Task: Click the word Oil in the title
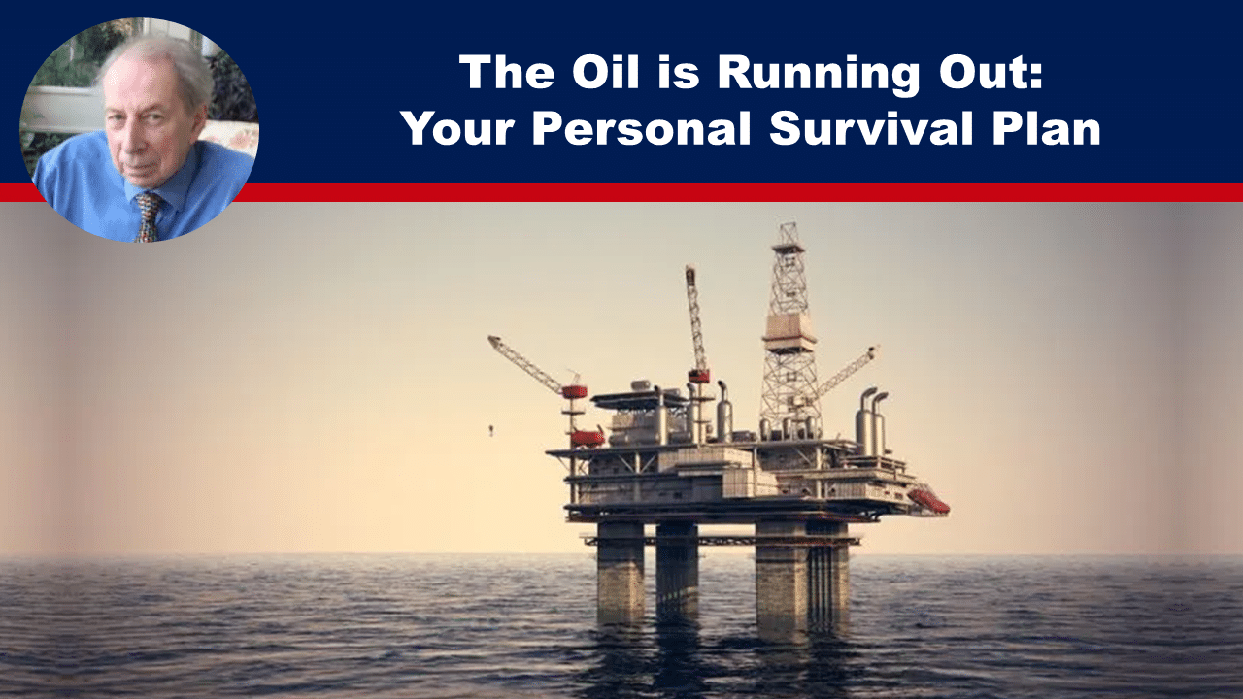tap(606, 72)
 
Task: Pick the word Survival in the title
tap(871, 128)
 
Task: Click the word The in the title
tap(507, 72)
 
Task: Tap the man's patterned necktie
tap(149, 216)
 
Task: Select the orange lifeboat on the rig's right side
tap(928, 500)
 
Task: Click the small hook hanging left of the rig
tap(490, 429)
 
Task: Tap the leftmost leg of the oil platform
tap(621, 572)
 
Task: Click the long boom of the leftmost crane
tap(526, 364)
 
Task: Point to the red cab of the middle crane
tap(699, 377)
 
